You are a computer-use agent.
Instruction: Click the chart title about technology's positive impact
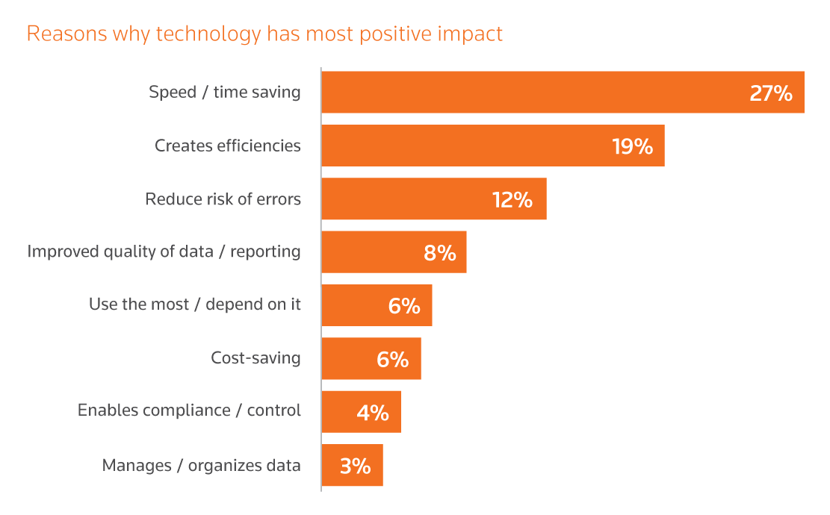264,34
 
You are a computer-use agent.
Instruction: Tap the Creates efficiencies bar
463,146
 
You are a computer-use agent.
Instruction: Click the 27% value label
770,93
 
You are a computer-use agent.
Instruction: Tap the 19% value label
632,146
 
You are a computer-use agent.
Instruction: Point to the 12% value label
512,199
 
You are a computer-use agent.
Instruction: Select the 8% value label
439,253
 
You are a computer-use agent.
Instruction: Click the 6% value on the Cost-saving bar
392,359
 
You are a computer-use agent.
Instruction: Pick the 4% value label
373,413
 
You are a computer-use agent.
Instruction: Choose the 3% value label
355,466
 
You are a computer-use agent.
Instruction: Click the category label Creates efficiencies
228,146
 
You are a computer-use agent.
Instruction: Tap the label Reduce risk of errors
223,199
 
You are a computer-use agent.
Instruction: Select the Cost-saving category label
255,358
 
